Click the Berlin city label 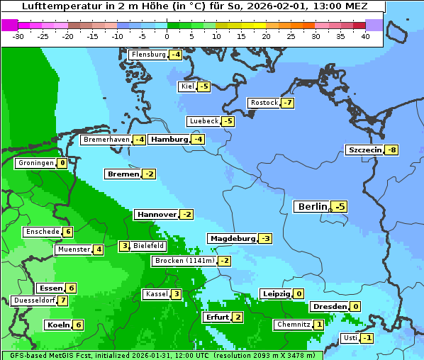click(x=312, y=206)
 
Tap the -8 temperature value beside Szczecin click(x=391, y=150)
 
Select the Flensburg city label click(x=148, y=55)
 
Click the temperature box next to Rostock click(x=287, y=103)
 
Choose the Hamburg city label click(x=169, y=140)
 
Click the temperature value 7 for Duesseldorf click(x=63, y=300)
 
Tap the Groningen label click(x=35, y=163)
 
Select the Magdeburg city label click(x=231, y=238)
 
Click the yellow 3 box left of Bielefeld click(x=125, y=246)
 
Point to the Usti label click(x=350, y=338)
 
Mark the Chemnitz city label click(x=294, y=325)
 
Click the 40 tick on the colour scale click(x=365, y=35)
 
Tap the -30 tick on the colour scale click(x=18, y=35)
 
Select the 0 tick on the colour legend click(x=167, y=35)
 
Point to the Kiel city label click(x=187, y=86)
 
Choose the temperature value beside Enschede click(x=67, y=232)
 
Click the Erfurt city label click(x=216, y=317)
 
